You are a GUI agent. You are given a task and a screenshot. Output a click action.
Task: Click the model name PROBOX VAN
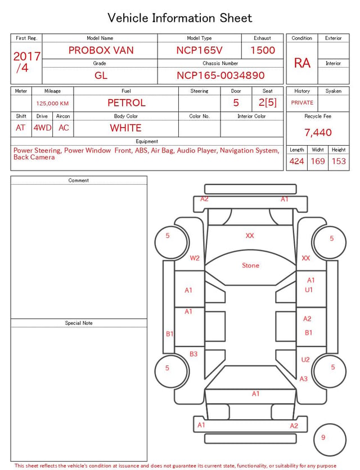tap(101, 50)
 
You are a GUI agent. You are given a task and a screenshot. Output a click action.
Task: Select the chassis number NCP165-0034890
tap(220, 75)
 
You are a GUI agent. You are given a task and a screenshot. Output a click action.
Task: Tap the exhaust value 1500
tap(262, 50)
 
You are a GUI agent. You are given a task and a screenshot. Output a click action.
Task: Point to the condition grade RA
tap(302, 63)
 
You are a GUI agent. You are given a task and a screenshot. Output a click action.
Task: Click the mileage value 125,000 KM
tap(52, 104)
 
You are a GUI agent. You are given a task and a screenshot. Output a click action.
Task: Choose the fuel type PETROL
tap(126, 103)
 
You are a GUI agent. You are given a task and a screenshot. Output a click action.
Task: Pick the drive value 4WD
tap(42, 128)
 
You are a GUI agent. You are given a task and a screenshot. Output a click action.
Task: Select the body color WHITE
tap(125, 128)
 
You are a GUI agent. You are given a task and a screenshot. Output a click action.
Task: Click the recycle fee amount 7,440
tap(318, 132)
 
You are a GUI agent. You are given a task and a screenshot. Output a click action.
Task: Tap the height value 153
tap(339, 161)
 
